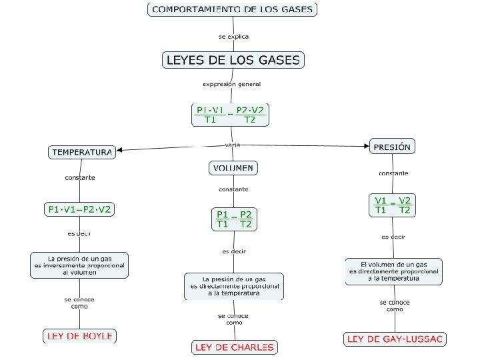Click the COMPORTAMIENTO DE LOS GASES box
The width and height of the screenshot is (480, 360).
232,9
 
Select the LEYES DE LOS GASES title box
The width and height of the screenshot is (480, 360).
233,60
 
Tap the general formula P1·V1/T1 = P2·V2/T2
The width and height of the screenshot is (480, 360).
231,115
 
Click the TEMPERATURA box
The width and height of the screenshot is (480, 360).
81,152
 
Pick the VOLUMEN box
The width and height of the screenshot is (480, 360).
233,167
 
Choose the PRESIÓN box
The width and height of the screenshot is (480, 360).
392,147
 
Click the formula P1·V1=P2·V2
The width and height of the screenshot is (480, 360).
79,209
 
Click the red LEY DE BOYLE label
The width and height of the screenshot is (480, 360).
79,335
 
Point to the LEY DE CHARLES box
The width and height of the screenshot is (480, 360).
234,347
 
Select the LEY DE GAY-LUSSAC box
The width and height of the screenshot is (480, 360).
395,339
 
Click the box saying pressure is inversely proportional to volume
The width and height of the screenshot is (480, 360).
79,265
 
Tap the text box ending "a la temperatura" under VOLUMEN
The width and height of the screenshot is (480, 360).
233,286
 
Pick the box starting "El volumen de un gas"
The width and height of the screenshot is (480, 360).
393,271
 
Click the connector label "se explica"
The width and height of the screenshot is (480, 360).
233,36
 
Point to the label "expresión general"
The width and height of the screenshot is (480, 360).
231,85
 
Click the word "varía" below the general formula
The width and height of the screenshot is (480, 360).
233,145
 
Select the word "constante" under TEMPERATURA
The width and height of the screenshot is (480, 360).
80,178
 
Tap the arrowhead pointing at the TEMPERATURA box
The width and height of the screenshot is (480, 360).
120,150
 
